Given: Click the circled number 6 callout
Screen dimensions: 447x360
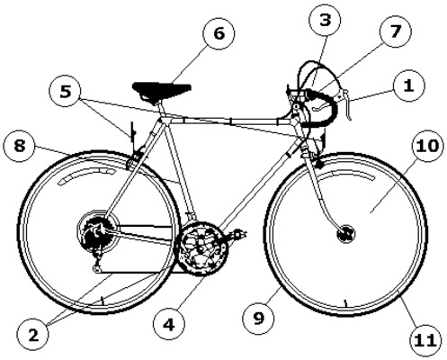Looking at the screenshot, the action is click(219, 33).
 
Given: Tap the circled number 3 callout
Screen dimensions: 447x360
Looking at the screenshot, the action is click(325, 20).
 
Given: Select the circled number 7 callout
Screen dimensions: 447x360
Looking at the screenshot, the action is click(396, 31).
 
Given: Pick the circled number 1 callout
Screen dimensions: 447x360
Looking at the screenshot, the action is click(409, 85).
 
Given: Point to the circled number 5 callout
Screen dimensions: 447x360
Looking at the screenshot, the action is click(66, 91).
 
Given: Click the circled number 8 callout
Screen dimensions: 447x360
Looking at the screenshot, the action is click(20, 146).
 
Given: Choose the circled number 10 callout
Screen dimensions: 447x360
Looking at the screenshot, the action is click(427, 146).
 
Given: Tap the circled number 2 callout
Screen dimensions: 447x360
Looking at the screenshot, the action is click(33, 335).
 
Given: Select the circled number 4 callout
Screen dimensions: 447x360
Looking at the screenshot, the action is click(169, 324).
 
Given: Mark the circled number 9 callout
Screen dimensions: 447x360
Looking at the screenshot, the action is click(258, 318).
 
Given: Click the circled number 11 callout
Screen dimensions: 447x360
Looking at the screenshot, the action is click(426, 340).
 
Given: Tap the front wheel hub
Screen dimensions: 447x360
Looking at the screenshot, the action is click(346, 233).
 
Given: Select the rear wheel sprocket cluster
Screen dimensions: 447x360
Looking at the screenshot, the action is click(96, 232).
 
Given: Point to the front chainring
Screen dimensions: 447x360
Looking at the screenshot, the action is click(202, 248).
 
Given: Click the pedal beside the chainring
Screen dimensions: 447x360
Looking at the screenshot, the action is click(238, 233).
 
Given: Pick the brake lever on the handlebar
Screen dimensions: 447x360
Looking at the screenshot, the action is click(346, 104).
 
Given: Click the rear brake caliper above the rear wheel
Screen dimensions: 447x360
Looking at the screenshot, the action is click(136, 156).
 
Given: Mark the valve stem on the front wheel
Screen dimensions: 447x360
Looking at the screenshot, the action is click(345, 303).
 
